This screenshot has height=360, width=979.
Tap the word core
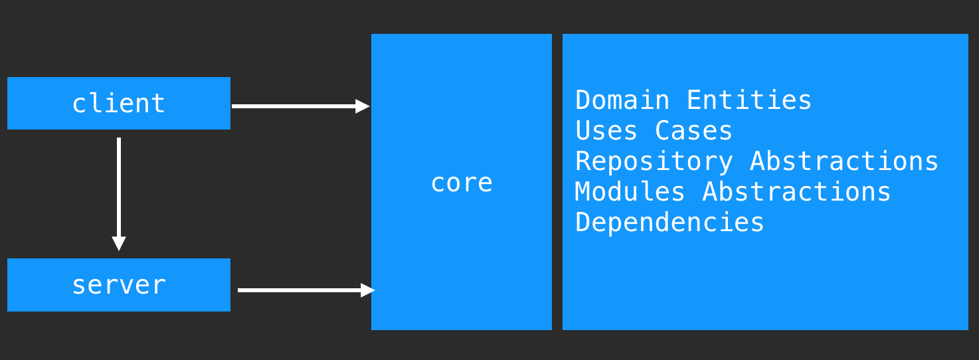461,183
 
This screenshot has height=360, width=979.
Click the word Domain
622,100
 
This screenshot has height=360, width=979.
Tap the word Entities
749,100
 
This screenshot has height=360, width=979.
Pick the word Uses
606,131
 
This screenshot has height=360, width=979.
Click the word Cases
693,131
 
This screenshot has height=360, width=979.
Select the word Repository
654,161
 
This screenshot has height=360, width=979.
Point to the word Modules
630,192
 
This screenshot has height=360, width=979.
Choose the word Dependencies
669,223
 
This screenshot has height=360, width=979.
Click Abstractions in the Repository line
844,161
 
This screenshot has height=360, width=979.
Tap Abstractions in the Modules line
796,192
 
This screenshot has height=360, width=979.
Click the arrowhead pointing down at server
119,243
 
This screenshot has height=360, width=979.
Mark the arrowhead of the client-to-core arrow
363,106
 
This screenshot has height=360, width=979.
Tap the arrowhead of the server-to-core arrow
368,290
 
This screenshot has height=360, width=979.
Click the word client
118,104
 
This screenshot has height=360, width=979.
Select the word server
118,286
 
